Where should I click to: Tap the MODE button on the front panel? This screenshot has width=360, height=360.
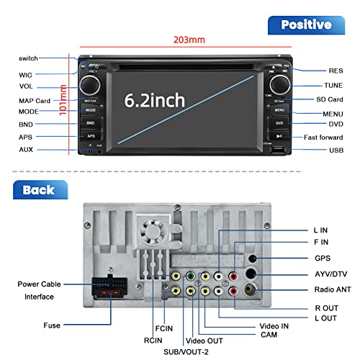91,111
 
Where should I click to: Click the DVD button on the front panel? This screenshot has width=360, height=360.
279,123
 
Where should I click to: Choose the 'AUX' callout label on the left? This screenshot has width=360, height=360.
26,149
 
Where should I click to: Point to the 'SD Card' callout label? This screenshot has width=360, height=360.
330,99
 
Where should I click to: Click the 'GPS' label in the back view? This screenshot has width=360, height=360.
322,257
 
